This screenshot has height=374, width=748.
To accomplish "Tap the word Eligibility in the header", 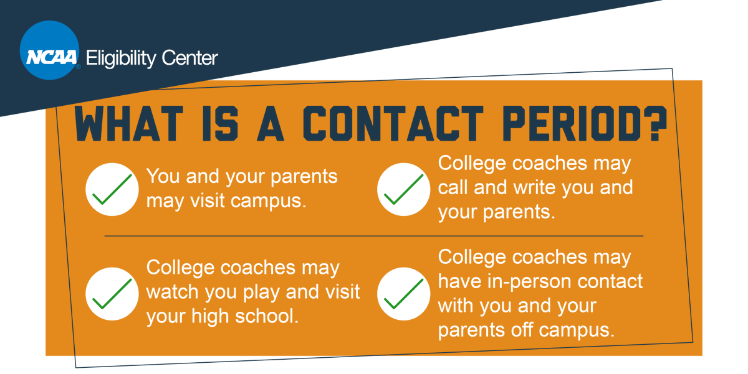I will (x=120, y=59).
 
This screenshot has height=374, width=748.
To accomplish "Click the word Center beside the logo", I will (x=189, y=58).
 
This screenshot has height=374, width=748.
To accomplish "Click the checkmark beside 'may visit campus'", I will (x=113, y=189).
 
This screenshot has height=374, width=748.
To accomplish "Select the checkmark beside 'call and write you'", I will (x=403, y=189).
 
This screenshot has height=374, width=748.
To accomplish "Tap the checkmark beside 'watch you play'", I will (x=113, y=293).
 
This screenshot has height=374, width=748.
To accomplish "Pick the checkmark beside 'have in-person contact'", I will (x=403, y=293).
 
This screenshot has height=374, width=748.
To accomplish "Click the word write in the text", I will (x=534, y=187).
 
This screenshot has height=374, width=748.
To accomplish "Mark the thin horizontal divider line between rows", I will (x=374, y=236).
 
